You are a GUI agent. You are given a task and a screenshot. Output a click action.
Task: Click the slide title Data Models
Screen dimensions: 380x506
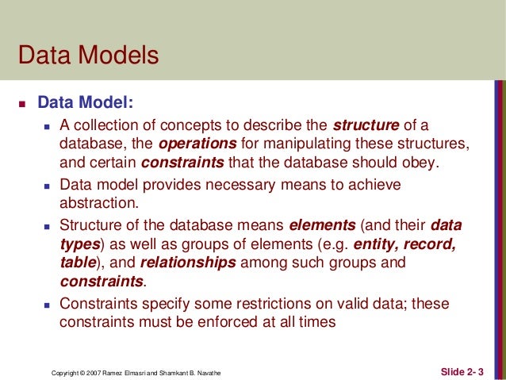tap(88, 56)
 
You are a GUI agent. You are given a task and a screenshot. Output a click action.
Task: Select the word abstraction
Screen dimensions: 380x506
tap(98, 202)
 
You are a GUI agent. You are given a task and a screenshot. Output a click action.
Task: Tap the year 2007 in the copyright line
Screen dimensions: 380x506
tap(95, 371)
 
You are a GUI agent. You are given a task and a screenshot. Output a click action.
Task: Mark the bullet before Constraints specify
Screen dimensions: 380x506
tap(48, 304)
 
